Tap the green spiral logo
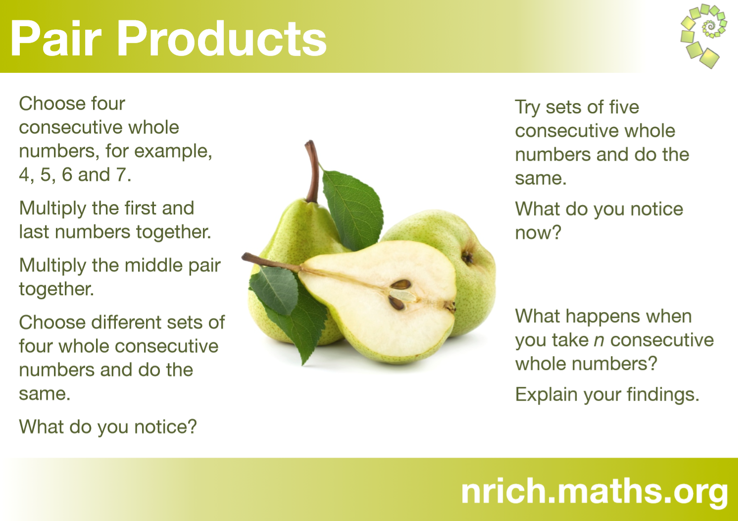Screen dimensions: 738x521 pyautogui.click(x=703, y=36)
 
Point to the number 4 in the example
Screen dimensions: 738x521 pyautogui.click(x=24, y=175)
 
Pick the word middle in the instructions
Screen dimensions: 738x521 pyautogui.click(x=153, y=265)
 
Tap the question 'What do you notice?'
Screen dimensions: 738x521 pyautogui.click(x=108, y=427)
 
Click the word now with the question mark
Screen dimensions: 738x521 pyautogui.click(x=538, y=233)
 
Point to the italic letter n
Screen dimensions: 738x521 pyautogui.click(x=598, y=341)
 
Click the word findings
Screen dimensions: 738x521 pyautogui.click(x=663, y=395)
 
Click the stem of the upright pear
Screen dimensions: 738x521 pyautogui.click(x=312, y=171)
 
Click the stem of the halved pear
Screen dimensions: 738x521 pyautogui.click(x=271, y=262)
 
